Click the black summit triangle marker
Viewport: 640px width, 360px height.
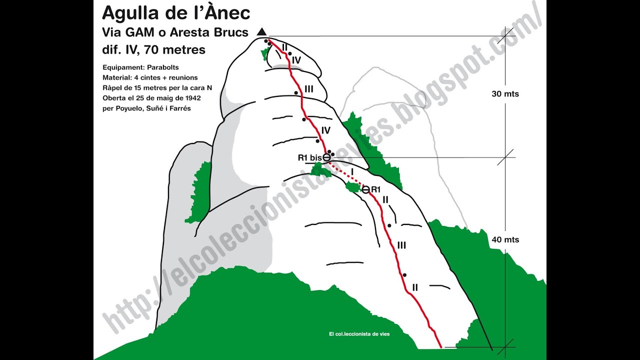[261, 32]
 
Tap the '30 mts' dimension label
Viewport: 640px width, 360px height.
[505, 94]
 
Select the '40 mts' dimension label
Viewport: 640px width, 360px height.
[505, 239]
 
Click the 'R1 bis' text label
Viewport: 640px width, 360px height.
[309, 157]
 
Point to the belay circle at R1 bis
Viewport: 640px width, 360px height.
[326, 157]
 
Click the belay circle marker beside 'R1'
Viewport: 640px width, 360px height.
[365, 189]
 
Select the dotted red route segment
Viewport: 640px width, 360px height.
[346, 174]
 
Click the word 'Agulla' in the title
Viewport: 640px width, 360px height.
[125, 13]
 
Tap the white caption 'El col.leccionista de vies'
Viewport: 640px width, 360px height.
[359, 334]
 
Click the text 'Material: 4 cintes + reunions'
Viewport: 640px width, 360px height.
[150, 77]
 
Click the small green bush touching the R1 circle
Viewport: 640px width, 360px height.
[354, 187]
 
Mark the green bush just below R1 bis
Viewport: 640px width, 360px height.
[320, 170]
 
